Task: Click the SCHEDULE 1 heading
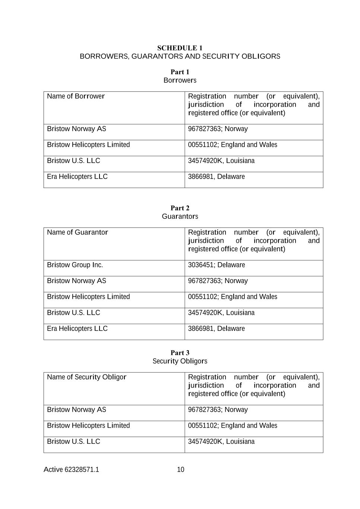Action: [x=180, y=48]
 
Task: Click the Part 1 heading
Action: [x=180, y=72]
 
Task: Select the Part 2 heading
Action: [x=180, y=208]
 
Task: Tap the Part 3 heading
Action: [x=180, y=353]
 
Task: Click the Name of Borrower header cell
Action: [x=76, y=96]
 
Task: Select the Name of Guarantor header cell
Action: [x=78, y=232]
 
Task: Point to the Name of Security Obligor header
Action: [x=86, y=377]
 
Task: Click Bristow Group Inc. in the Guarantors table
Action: [x=75, y=265]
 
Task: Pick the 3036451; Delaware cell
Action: [x=217, y=265]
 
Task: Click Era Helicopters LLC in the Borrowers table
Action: [x=77, y=177]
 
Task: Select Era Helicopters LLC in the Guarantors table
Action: [x=77, y=329]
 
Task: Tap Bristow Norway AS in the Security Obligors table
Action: [x=76, y=410]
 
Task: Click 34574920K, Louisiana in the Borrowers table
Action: [x=221, y=161]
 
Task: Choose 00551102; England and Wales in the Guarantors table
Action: [x=233, y=297]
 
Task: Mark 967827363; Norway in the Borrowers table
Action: [x=218, y=129]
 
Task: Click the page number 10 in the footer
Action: [x=180, y=470]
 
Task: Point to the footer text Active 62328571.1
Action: [x=71, y=470]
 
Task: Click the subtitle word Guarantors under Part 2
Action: [x=180, y=217]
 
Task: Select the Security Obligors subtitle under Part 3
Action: [x=180, y=361]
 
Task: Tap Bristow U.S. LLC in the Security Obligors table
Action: [x=73, y=442]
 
